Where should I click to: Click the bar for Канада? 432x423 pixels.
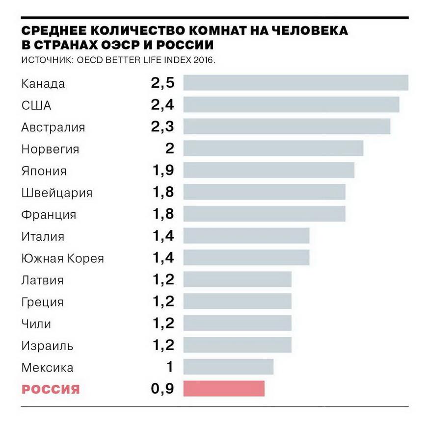[x=296, y=83]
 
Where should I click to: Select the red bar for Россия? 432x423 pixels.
[x=224, y=389]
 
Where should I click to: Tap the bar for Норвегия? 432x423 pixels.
[x=273, y=148]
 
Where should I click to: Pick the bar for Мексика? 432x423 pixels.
[x=228, y=367]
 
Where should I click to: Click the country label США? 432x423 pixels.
[x=36, y=105]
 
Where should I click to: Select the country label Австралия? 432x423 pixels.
[x=53, y=127]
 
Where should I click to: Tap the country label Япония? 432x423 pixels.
[x=44, y=171]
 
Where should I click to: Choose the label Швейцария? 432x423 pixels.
[x=56, y=193]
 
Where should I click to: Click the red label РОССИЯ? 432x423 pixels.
[x=51, y=390]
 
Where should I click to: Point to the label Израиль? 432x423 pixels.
[x=47, y=346]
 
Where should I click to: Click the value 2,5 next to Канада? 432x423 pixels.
[x=162, y=83]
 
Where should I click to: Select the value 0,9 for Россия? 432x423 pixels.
[x=162, y=389]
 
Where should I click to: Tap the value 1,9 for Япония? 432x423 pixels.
[x=163, y=171]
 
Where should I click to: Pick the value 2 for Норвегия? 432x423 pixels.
[x=169, y=148]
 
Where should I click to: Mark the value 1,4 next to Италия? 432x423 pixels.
[x=163, y=236]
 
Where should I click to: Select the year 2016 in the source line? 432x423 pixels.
[x=204, y=61]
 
